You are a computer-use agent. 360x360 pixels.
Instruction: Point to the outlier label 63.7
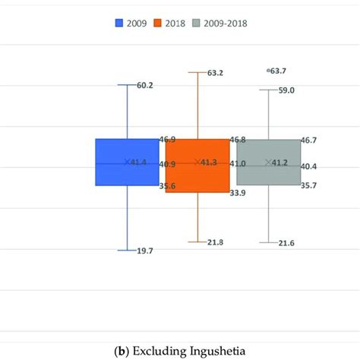(283, 70)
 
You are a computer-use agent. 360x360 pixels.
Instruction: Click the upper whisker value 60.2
(145, 85)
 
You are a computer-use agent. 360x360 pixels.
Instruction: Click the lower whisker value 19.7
(144, 251)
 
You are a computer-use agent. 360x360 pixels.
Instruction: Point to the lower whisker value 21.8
(216, 242)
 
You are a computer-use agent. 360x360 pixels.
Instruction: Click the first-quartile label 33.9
(239, 193)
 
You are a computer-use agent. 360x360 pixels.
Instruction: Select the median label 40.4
(309, 166)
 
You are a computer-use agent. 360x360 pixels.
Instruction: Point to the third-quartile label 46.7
(309, 140)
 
